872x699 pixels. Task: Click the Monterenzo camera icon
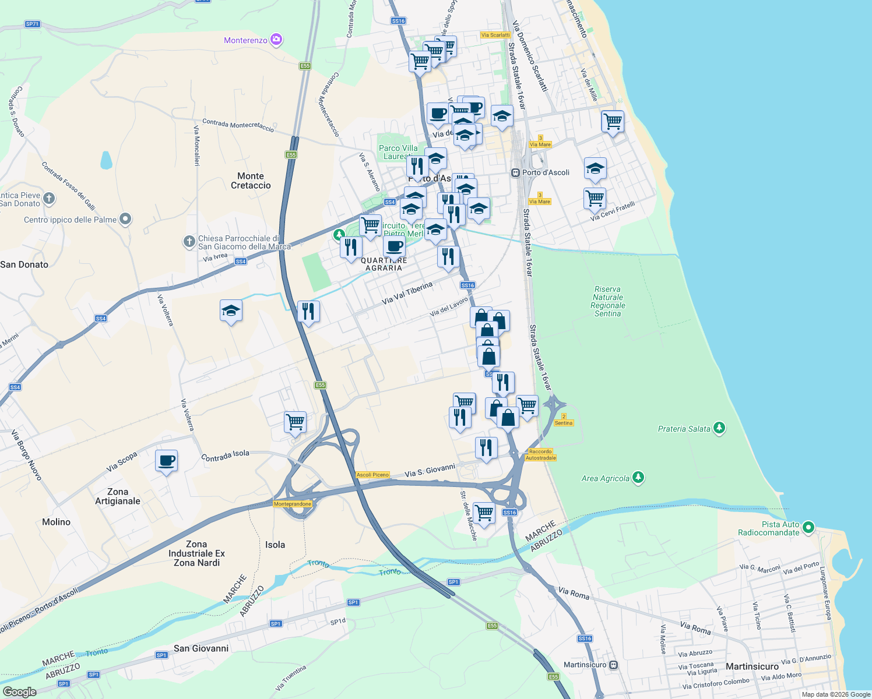(x=276, y=40)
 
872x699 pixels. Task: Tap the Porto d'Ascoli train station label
(x=546, y=172)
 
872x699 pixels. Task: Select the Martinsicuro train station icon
(x=613, y=665)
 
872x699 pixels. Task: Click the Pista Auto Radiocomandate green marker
(x=808, y=527)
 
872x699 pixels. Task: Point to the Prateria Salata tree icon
(x=720, y=428)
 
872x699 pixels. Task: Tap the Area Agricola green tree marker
(x=638, y=478)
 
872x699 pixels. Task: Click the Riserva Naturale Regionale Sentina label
(x=607, y=301)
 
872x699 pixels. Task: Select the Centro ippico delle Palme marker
(x=125, y=219)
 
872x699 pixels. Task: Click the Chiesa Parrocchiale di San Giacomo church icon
(x=189, y=242)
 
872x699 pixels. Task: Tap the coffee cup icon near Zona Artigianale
(x=166, y=461)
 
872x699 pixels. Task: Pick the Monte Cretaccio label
(x=251, y=181)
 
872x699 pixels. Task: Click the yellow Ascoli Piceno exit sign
(x=372, y=475)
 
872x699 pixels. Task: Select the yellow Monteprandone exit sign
(x=293, y=504)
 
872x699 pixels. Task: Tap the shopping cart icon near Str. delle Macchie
(x=484, y=513)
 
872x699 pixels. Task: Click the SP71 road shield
(x=32, y=24)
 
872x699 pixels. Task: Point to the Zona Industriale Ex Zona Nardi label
(x=196, y=553)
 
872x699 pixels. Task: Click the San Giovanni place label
(x=201, y=648)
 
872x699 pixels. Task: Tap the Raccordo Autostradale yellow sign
(x=541, y=454)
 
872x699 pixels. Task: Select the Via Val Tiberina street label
(x=407, y=293)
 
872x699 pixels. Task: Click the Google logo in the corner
(x=20, y=691)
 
